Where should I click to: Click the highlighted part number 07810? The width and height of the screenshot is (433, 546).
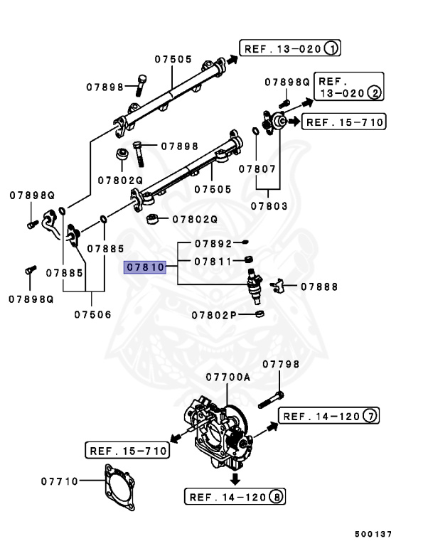(145, 268)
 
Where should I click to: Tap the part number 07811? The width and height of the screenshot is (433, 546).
(213, 261)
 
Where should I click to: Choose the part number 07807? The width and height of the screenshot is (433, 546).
(257, 168)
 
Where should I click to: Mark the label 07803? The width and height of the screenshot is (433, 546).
(269, 206)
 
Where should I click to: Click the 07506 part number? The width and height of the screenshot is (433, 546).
(93, 314)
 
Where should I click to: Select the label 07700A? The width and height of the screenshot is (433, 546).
(228, 377)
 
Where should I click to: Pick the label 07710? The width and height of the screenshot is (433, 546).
(59, 481)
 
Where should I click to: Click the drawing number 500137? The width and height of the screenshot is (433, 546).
(373, 534)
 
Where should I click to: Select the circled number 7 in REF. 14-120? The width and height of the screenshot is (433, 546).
(370, 417)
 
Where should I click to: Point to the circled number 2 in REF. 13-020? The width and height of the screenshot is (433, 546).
(374, 93)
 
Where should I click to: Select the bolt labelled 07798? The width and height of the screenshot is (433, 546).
(271, 399)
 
